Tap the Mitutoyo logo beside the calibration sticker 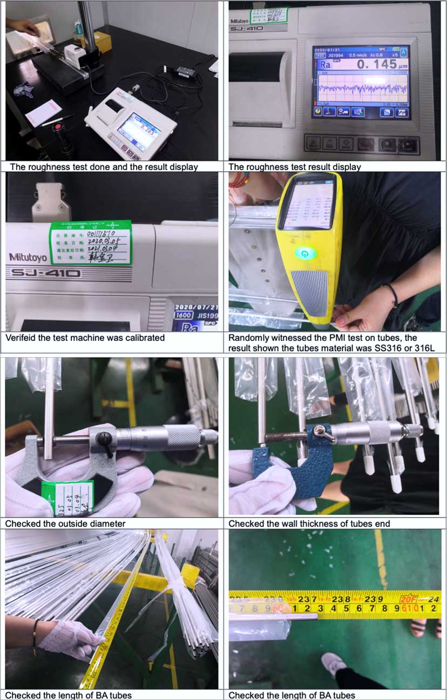(x=28, y=257)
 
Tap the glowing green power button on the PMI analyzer (x=306, y=252)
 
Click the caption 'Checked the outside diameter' (x=65, y=523)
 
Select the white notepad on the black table (x=43, y=113)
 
